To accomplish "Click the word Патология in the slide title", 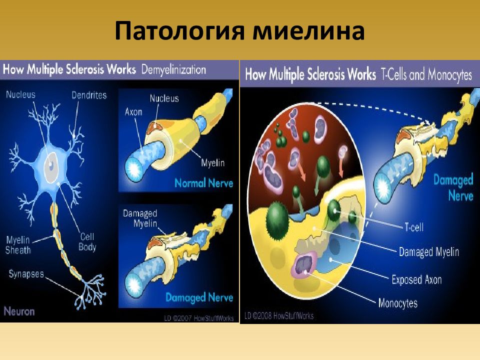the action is pos(179,30).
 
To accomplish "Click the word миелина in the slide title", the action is pos(308,30).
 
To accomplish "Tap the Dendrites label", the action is pos(89,95).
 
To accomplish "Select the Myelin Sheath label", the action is pos(18,245).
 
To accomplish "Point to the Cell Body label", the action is pos(87,242).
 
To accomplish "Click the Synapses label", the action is pos(26,273).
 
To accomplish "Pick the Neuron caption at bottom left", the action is pos(19,311).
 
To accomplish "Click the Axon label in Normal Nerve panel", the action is pos(133,111).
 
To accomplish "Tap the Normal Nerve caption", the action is pos(204,183).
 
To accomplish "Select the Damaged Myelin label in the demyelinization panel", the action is pos(140,218).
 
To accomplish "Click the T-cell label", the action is pos(414,227).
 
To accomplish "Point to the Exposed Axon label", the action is pos(416,279).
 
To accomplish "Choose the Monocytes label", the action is pos(398,303).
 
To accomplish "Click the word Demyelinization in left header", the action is pos(173,70).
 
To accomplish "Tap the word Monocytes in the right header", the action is pos(450,74).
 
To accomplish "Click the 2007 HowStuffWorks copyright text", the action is pos(199,318).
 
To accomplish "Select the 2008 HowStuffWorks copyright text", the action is pos(279,315).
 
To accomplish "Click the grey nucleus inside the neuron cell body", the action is pos(51,165).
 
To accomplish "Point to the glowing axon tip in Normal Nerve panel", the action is pos(134,169).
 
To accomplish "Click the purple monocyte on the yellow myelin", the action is pos(305,264).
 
